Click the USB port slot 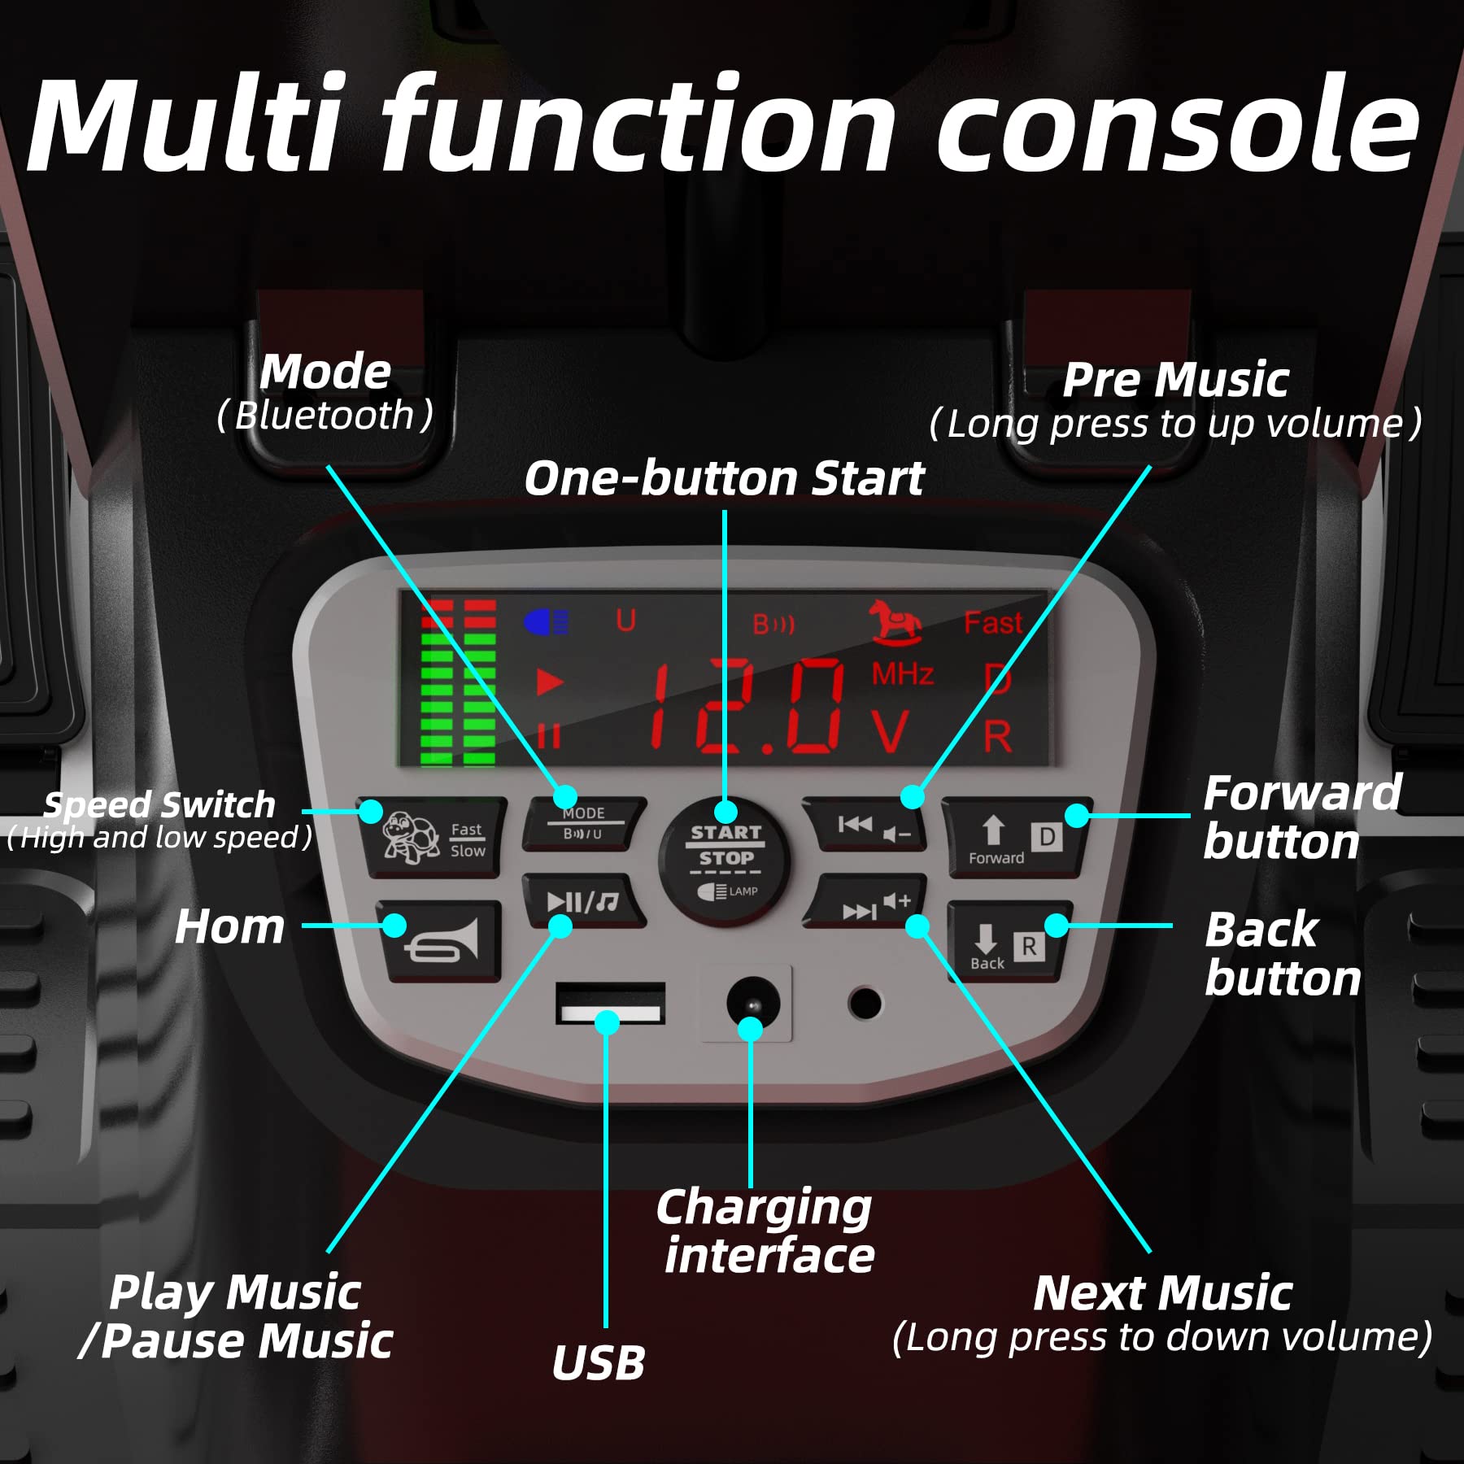[610, 1003]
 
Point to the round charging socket [752, 1003]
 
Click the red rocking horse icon [895, 622]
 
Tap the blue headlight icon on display [546, 623]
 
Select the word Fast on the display [992, 623]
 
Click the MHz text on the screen [902, 674]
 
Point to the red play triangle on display [550, 682]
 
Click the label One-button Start [724, 477]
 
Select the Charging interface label [765, 1231]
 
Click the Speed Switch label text [159, 804]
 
